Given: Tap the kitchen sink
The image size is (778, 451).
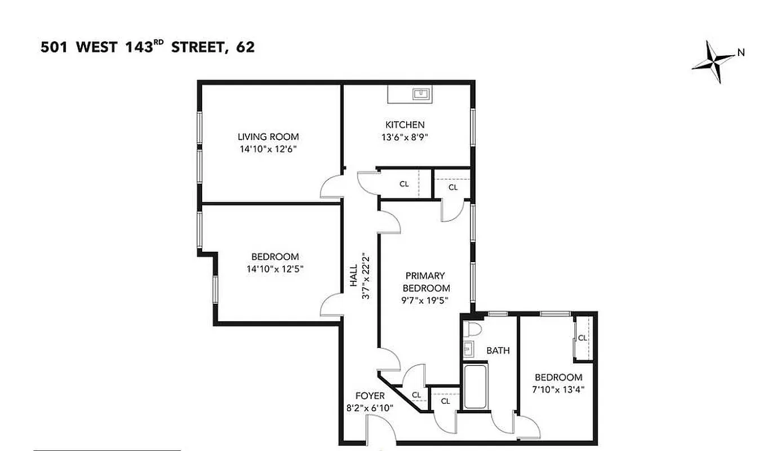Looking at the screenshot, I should [420, 93].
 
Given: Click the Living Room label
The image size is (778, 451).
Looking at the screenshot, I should [268, 136].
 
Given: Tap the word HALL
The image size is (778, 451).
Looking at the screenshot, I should [354, 276].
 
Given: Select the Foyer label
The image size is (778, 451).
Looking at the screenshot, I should [370, 396].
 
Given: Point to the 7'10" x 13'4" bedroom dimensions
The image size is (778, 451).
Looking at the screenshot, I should [558, 390].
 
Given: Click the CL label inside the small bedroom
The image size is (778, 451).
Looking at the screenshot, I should [583, 338].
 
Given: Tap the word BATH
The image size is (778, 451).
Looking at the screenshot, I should [498, 350].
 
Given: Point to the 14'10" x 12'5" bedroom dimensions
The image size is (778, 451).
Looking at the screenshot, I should [275, 269].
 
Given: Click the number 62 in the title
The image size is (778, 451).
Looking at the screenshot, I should [246, 47].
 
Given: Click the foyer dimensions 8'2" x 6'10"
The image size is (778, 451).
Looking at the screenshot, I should [370, 408].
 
